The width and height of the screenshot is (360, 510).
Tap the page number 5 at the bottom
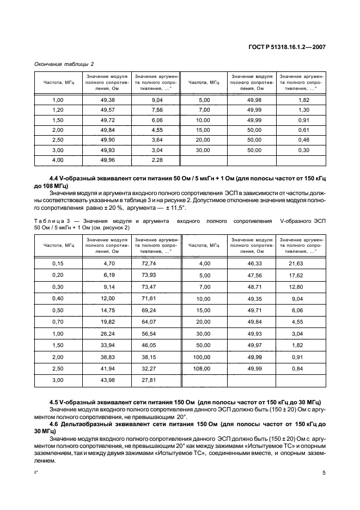pos(324,473)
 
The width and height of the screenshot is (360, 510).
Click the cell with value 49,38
pos(107,100)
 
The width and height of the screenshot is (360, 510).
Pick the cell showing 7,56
pos(156,110)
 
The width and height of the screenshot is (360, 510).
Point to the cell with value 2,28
pos(156,160)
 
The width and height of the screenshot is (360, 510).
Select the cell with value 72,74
pos(156,263)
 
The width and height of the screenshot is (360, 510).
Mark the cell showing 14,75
pos(109,310)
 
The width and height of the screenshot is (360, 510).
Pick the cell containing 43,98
pos(109,380)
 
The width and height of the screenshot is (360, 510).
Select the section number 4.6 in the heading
pos(54,423)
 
